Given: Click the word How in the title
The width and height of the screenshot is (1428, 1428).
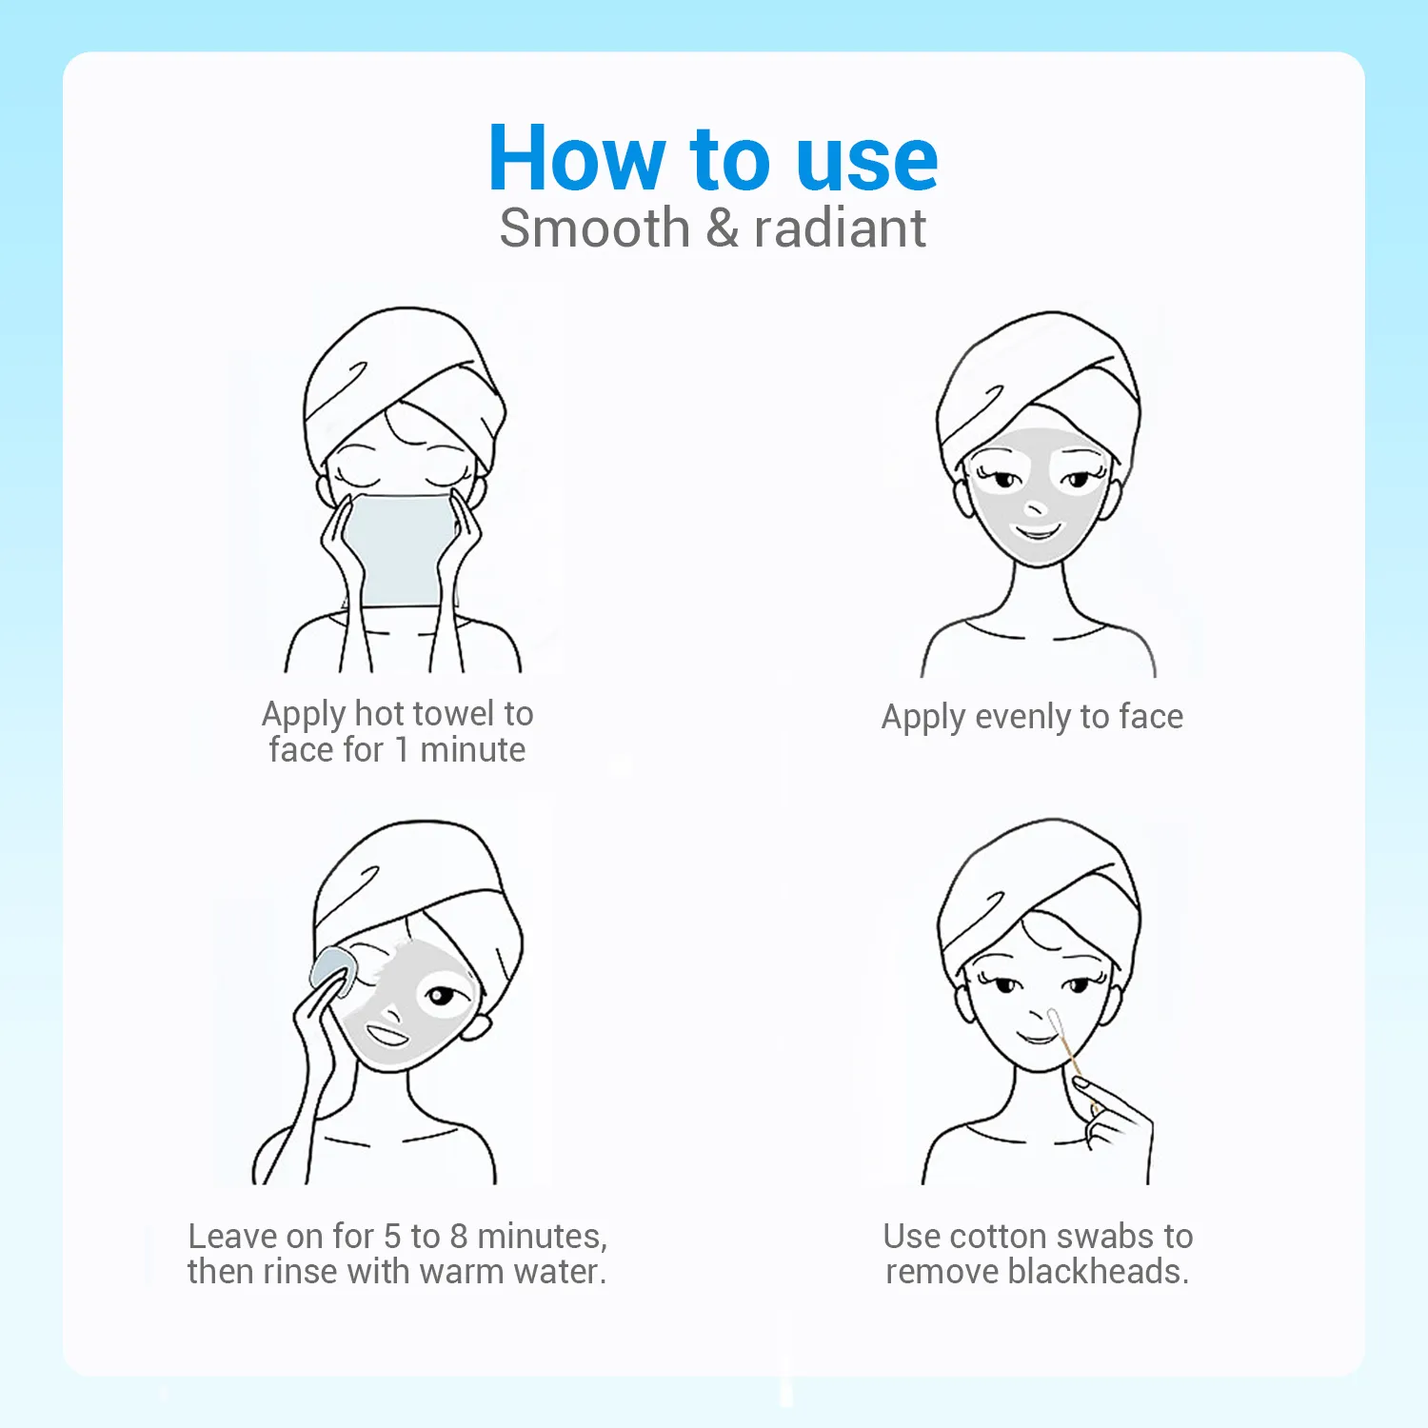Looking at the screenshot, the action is tap(577, 158).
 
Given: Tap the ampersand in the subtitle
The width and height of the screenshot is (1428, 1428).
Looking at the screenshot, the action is tap(723, 228).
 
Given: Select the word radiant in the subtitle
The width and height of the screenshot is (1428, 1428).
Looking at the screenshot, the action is tap(840, 228).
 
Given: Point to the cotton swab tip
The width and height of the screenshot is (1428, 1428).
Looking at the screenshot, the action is tap(1054, 1020).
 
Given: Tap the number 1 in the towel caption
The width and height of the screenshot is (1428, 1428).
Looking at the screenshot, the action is tap(402, 750).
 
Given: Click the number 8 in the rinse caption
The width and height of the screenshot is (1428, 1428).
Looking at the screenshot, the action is tap(459, 1236).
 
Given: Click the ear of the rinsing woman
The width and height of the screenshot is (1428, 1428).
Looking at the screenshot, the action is tap(476, 1025).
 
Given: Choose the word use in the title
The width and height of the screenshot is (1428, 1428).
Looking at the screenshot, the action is tap(866, 160).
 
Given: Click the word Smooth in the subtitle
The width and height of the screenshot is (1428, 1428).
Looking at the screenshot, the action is tap(595, 228).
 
